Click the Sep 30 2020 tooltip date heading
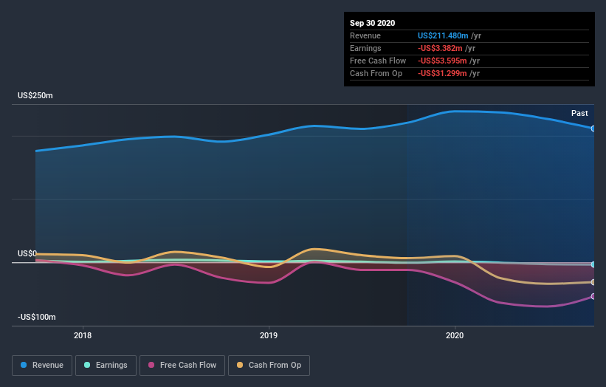click(x=373, y=23)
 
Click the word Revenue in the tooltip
click(x=365, y=35)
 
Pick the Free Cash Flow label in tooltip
click(x=378, y=61)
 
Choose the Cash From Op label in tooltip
click(x=376, y=73)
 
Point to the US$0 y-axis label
click(x=27, y=254)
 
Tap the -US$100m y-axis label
click(x=37, y=317)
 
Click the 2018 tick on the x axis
click(x=83, y=335)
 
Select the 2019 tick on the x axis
click(x=269, y=335)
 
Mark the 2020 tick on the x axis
click(x=455, y=335)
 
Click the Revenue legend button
click(x=42, y=365)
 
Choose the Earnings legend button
click(x=106, y=365)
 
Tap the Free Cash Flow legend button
click(x=181, y=365)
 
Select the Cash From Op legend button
click(x=269, y=365)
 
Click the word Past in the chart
click(x=579, y=113)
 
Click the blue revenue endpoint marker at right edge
click(x=593, y=129)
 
